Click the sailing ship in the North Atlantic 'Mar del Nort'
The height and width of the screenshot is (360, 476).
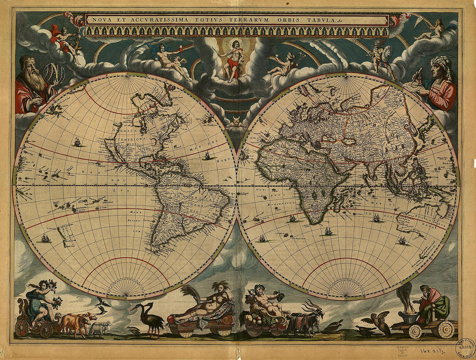207,156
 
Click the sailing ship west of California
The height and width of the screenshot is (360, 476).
77,141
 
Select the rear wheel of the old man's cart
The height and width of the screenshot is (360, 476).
446,330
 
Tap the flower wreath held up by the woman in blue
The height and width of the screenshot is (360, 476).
50,285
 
